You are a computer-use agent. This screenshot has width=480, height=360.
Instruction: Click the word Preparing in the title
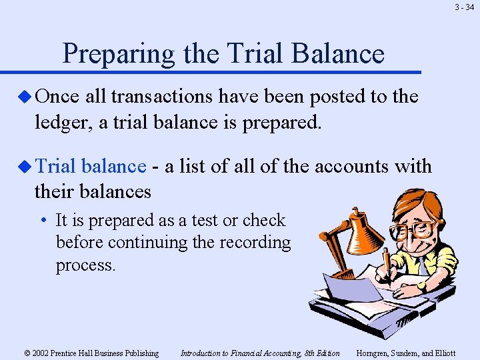coord(117,53)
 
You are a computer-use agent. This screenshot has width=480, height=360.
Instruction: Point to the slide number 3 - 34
coord(464,8)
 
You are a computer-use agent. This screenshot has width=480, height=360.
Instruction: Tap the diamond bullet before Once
coord(26,97)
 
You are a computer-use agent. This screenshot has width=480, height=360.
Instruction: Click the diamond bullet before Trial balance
coord(26,167)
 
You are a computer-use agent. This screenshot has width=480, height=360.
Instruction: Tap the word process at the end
coord(85,265)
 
